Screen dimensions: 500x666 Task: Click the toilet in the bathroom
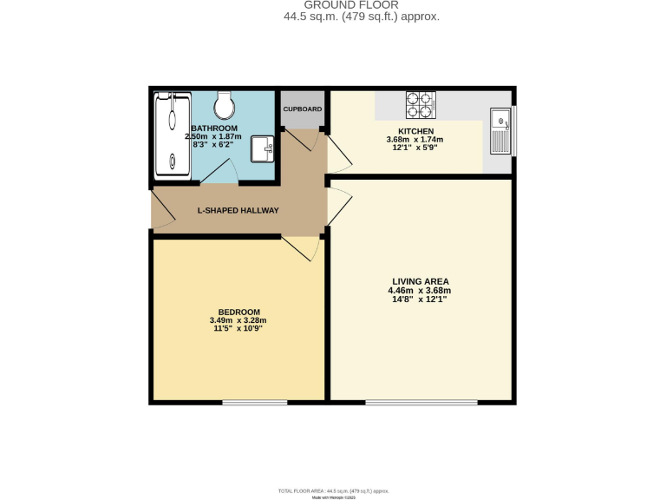(225, 106)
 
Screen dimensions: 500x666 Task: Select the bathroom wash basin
(264, 148)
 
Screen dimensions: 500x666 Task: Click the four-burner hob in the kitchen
(420, 105)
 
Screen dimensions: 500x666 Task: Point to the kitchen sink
(500, 131)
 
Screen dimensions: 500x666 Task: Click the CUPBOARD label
(303, 109)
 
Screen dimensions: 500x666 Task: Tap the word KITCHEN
(415, 130)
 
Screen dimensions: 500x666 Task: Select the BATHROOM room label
(214, 128)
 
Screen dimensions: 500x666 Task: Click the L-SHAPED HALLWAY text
(238, 210)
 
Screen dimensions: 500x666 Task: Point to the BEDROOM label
(238, 312)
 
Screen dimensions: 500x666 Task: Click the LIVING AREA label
(421, 281)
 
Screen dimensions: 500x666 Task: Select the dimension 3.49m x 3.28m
(238, 320)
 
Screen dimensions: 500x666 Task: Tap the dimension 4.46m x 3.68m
(421, 290)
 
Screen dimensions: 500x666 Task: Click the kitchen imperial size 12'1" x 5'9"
(415, 148)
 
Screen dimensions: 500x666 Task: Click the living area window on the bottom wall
(421, 402)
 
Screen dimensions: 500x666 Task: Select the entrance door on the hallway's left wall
(160, 220)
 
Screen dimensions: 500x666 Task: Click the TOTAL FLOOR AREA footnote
(334, 491)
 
